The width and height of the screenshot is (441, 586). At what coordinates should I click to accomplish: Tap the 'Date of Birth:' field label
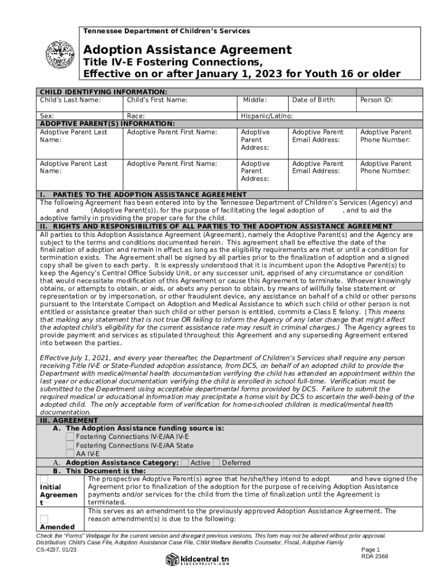pos(313,100)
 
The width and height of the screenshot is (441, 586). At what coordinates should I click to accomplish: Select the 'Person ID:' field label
pos(376,100)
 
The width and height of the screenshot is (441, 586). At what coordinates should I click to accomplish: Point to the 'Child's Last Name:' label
pos(70,100)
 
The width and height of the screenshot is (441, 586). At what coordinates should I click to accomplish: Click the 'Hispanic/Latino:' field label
pos(267,116)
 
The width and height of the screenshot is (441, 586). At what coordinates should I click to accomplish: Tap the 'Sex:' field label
pos(47,116)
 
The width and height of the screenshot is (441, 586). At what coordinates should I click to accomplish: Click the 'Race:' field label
pos(136,116)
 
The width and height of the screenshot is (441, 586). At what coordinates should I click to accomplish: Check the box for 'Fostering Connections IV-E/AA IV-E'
pos(70,437)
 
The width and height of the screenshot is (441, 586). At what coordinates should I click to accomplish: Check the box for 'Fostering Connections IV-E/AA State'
pos(70,445)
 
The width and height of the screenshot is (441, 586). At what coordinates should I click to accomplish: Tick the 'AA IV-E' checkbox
pos(70,454)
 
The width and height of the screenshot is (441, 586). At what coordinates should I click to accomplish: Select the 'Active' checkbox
pos(185,462)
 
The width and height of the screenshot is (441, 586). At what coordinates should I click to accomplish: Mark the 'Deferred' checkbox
pos(216,462)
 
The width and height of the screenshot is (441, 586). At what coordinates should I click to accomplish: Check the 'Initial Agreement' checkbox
pos(44,480)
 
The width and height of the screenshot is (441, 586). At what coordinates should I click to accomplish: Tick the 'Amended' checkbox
pos(44,518)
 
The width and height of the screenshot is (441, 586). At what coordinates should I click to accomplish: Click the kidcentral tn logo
pos(198,559)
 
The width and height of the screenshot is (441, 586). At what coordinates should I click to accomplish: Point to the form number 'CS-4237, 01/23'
pos(56,549)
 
